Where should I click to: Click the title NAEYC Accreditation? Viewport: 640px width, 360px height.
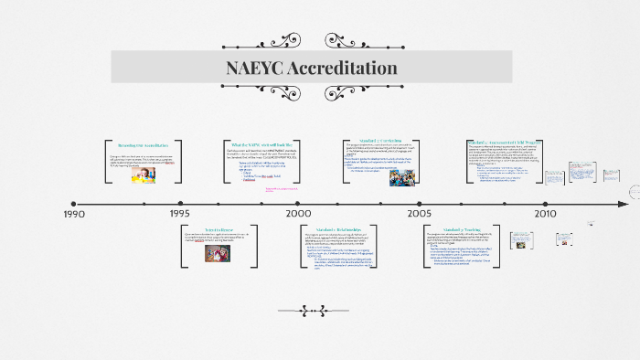click(311, 68)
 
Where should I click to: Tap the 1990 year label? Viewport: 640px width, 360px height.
click(75, 214)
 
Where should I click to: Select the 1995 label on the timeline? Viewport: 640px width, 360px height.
click(180, 214)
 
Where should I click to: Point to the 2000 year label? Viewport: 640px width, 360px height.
click(298, 214)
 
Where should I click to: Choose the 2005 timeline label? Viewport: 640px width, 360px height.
click(420, 214)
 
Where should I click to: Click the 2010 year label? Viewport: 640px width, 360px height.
click(546, 214)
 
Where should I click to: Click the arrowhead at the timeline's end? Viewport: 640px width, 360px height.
click(624, 203)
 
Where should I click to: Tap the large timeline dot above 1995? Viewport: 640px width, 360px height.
click(180, 204)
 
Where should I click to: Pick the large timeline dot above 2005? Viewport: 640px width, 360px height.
click(419, 204)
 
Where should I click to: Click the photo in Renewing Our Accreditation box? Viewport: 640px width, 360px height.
click(144, 175)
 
